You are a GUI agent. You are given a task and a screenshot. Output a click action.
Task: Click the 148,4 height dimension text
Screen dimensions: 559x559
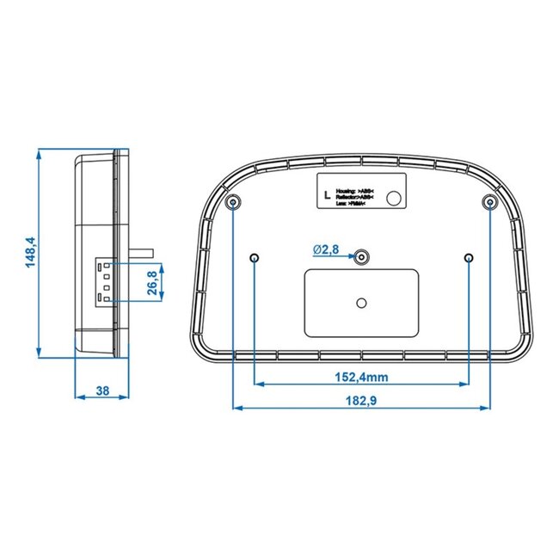(x=30, y=254)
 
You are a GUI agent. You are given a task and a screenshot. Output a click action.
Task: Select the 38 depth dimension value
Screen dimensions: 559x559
(x=102, y=391)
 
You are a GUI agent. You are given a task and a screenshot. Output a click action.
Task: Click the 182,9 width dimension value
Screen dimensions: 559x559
(x=361, y=399)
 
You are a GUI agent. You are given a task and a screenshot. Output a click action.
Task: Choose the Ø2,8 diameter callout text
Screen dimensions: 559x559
(x=326, y=249)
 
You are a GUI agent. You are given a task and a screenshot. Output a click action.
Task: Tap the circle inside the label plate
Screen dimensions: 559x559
(x=395, y=199)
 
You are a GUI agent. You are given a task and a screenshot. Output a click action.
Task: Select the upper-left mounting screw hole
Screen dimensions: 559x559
(x=235, y=203)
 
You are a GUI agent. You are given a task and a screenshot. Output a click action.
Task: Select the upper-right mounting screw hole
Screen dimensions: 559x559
(x=489, y=203)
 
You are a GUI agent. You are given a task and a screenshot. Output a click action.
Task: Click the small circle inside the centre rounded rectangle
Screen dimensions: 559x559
(x=362, y=302)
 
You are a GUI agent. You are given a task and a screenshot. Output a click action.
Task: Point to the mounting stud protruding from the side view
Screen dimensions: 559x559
(x=142, y=251)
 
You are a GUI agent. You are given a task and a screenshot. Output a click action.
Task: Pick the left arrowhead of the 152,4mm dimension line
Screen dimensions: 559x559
(x=259, y=384)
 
